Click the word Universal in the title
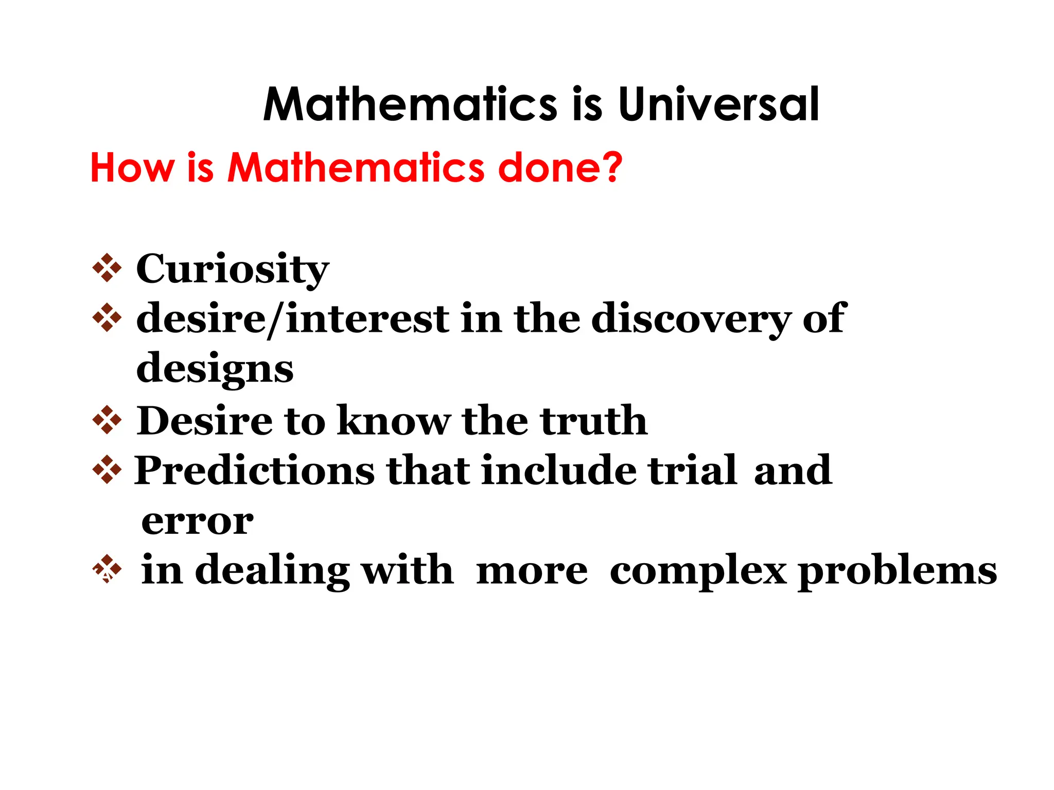pyautogui.click(x=718, y=104)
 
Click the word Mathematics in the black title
pyautogui.click(x=410, y=104)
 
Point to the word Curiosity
pyautogui.click(x=233, y=270)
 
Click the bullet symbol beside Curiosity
pyautogui.click(x=107, y=268)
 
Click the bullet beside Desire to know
pyautogui.click(x=107, y=420)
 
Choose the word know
pyautogui.click(x=394, y=420)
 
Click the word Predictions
pyautogui.click(x=255, y=470)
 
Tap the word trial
pyautogui.click(x=693, y=470)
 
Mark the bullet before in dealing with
pyautogui.click(x=107, y=569)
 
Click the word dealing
pyautogui.click(x=272, y=571)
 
